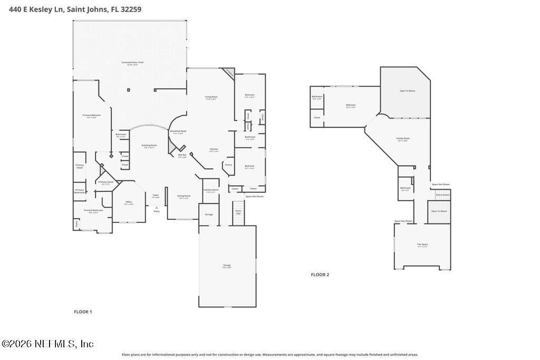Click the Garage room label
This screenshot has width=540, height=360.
point(227,266)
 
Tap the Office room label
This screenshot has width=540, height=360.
point(129,202)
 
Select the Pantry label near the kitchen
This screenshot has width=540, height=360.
point(228,164)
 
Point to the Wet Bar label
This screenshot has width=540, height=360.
point(182,155)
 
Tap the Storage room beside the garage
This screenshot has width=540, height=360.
point(209,215)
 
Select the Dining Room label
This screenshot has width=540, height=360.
point(184,196)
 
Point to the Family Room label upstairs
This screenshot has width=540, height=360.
point(403,139)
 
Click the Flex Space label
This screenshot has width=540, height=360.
point(422,245)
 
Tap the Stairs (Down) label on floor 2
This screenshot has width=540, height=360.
point(442,194)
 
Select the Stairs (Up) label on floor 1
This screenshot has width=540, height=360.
point(238,211)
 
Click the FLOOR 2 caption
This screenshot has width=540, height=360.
point(320,275)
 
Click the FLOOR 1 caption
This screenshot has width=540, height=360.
point(83,312)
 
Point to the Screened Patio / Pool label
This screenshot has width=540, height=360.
point(132,63)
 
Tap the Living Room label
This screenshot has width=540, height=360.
point(211,97)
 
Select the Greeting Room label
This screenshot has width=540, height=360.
point(149,145)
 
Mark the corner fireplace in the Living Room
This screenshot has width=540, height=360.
point(228,73)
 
